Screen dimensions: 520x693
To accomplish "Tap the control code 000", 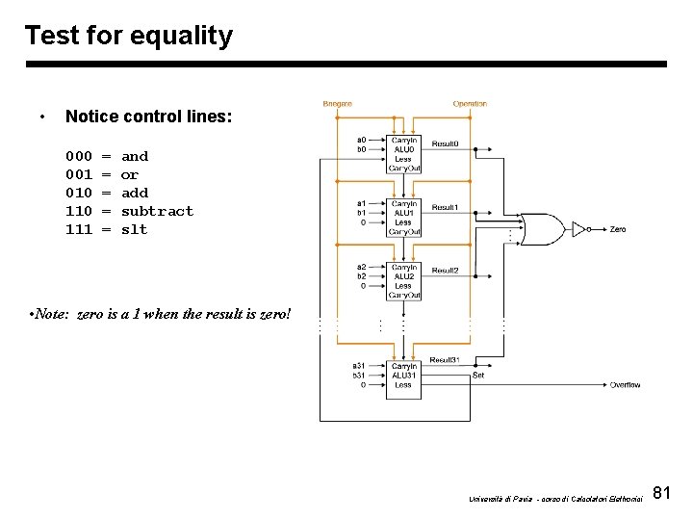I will (79, 156).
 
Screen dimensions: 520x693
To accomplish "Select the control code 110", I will (79, 211).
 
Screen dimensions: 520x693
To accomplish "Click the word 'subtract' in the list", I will (157, 211).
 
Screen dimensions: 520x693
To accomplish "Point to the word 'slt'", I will (135, 229).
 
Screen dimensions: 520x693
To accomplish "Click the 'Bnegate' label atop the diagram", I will (337, 104).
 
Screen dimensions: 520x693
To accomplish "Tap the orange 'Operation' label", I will (470, 104).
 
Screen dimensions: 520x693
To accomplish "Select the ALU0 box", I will (403, 153).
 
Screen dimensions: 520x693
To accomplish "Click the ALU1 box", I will (403, 218).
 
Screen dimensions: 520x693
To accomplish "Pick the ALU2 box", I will (403, 280).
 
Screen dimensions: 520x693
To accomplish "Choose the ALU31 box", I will (403, 376).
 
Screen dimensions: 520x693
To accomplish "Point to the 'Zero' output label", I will (618, 229).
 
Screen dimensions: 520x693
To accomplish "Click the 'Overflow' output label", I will (625, 385).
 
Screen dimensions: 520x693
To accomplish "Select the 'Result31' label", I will (444, 358).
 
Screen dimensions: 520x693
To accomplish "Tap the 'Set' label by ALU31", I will (477, 376).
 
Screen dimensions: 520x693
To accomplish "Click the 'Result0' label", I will (445, 143).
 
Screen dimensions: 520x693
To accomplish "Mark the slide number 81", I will (661, 493).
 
